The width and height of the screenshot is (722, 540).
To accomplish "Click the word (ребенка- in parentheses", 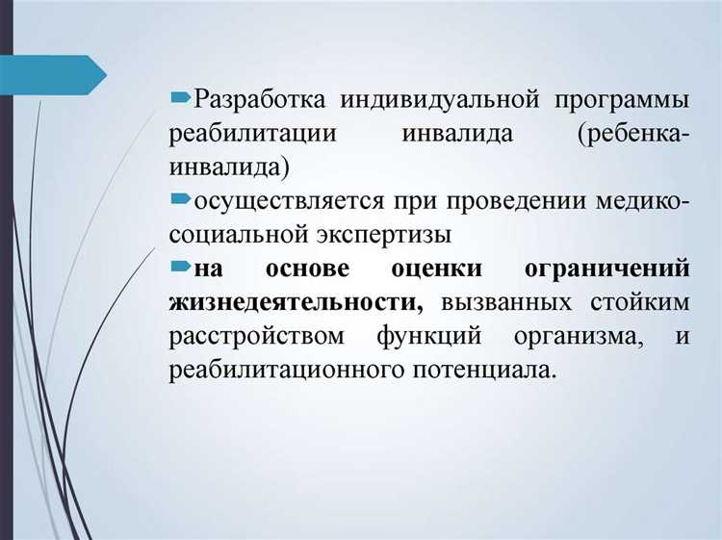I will pyautogui.click(x=633, y=133).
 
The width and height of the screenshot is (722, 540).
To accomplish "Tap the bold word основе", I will pyautogui.click(x=308, y=268).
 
